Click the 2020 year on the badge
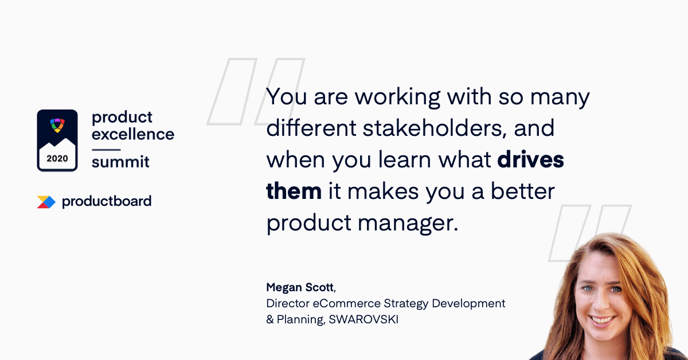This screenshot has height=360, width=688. point(57,158)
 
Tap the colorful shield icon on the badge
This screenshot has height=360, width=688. point(57,126)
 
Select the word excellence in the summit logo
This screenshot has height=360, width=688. point(133,134)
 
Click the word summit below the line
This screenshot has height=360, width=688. point(120,162)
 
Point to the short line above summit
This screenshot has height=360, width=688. point(106,150)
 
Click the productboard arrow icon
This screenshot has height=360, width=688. point(46,202)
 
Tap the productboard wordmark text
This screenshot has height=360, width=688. point(107,201)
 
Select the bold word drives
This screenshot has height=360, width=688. point(530,159)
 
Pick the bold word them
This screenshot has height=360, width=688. point(294,191)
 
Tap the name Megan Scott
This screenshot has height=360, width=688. point(300,287)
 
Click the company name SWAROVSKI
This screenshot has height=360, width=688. point(363,319)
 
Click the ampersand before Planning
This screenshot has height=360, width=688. point(270,319)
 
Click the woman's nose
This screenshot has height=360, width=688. point(600,303)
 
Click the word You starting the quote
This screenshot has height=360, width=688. point(286,96)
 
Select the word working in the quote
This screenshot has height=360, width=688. point(398,97)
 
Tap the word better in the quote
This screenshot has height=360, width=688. point(523,191)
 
